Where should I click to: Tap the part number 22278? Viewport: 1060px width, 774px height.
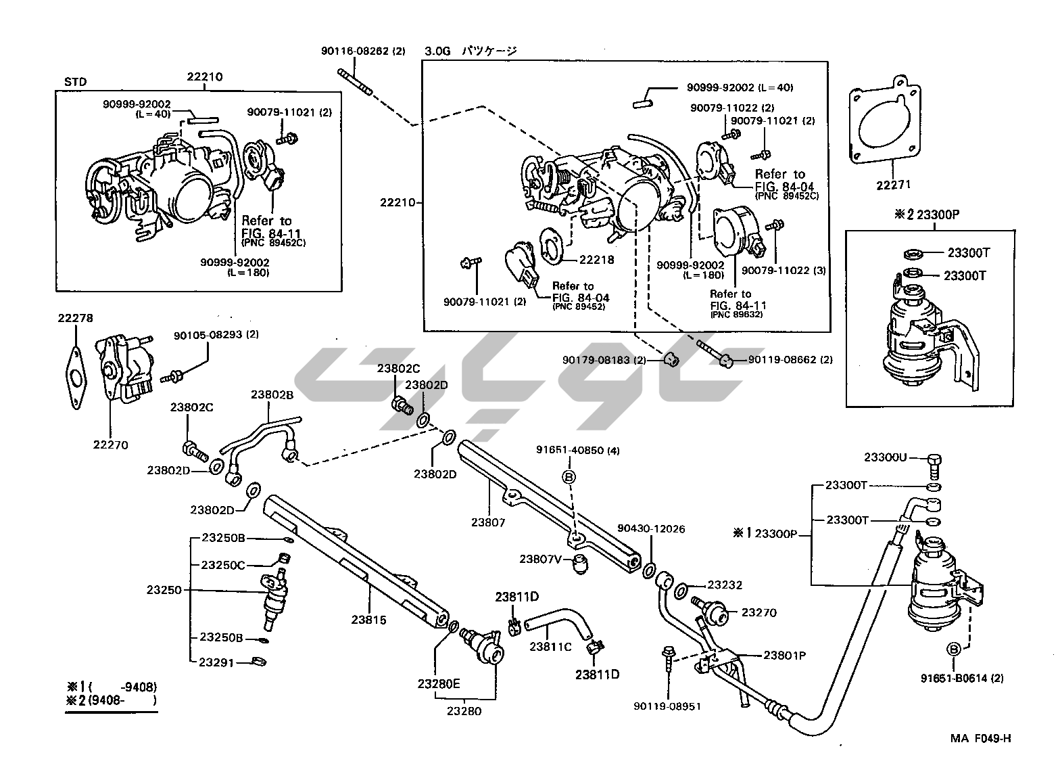point(75,318)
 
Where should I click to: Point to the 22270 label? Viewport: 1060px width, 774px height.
point(110,445)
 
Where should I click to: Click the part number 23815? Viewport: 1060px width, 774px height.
point(369,619)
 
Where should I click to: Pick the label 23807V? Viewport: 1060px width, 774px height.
point(541,559)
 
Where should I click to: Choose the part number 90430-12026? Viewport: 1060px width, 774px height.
point(651,528)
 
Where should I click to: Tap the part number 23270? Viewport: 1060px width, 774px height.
point(759,613)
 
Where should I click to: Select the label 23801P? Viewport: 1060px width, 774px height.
point(784,655)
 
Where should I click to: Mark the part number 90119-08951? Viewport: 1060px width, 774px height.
point(667,706)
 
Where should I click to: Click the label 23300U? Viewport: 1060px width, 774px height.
point(885,457)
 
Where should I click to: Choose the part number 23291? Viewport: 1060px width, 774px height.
point(216,662)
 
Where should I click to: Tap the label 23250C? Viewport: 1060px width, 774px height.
point(222,564)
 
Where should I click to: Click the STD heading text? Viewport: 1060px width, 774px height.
point(75,82)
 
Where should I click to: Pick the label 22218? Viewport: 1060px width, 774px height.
point(596,259)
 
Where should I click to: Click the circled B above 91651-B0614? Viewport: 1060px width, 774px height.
point(954,650)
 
